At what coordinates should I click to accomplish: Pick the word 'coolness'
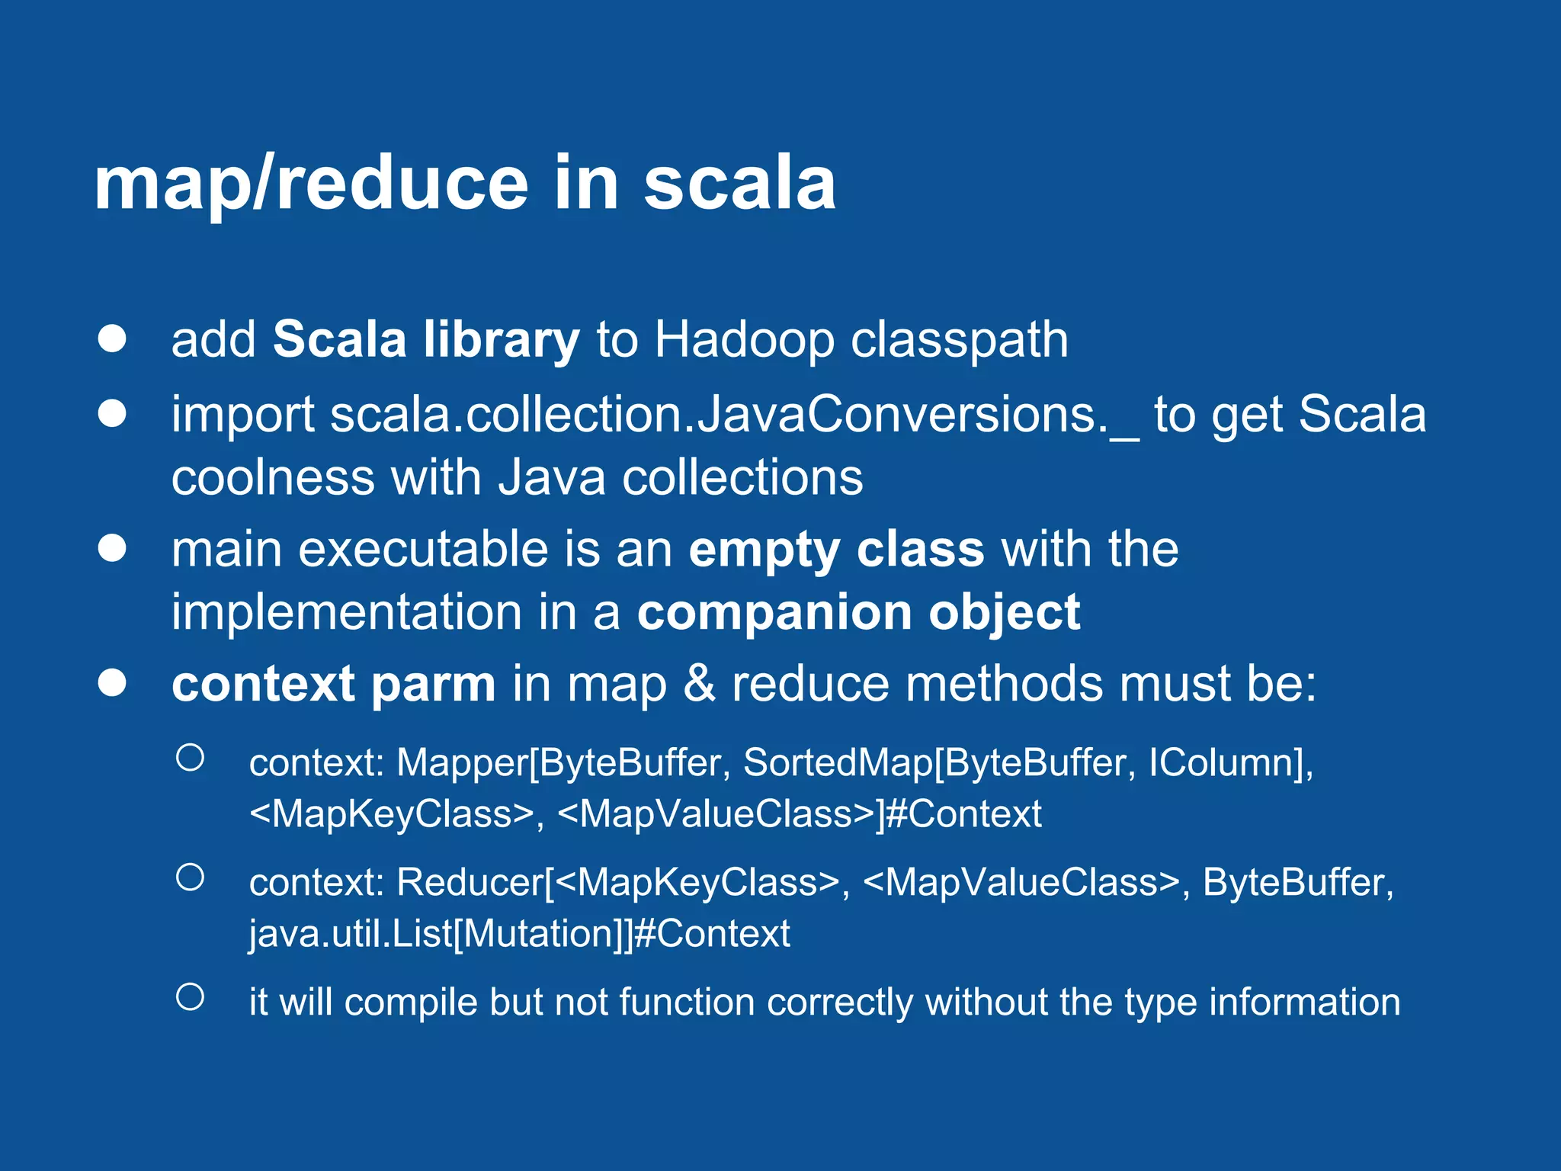(x=272, y=478)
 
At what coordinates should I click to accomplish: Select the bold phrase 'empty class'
(x=835, y=550)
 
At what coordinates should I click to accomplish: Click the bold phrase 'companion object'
(x=857, y=613)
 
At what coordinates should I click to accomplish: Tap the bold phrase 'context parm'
(x=333, y=684)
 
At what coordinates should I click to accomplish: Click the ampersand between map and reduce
(x=699, y=684)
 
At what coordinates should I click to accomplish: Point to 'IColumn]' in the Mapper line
(x=1230, y=762)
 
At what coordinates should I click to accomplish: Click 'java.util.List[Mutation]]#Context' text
(x=519, y=934)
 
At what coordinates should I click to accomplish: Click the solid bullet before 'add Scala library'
(x=112, y=338)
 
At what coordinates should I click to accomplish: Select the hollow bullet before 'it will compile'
(x=190, y=996)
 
